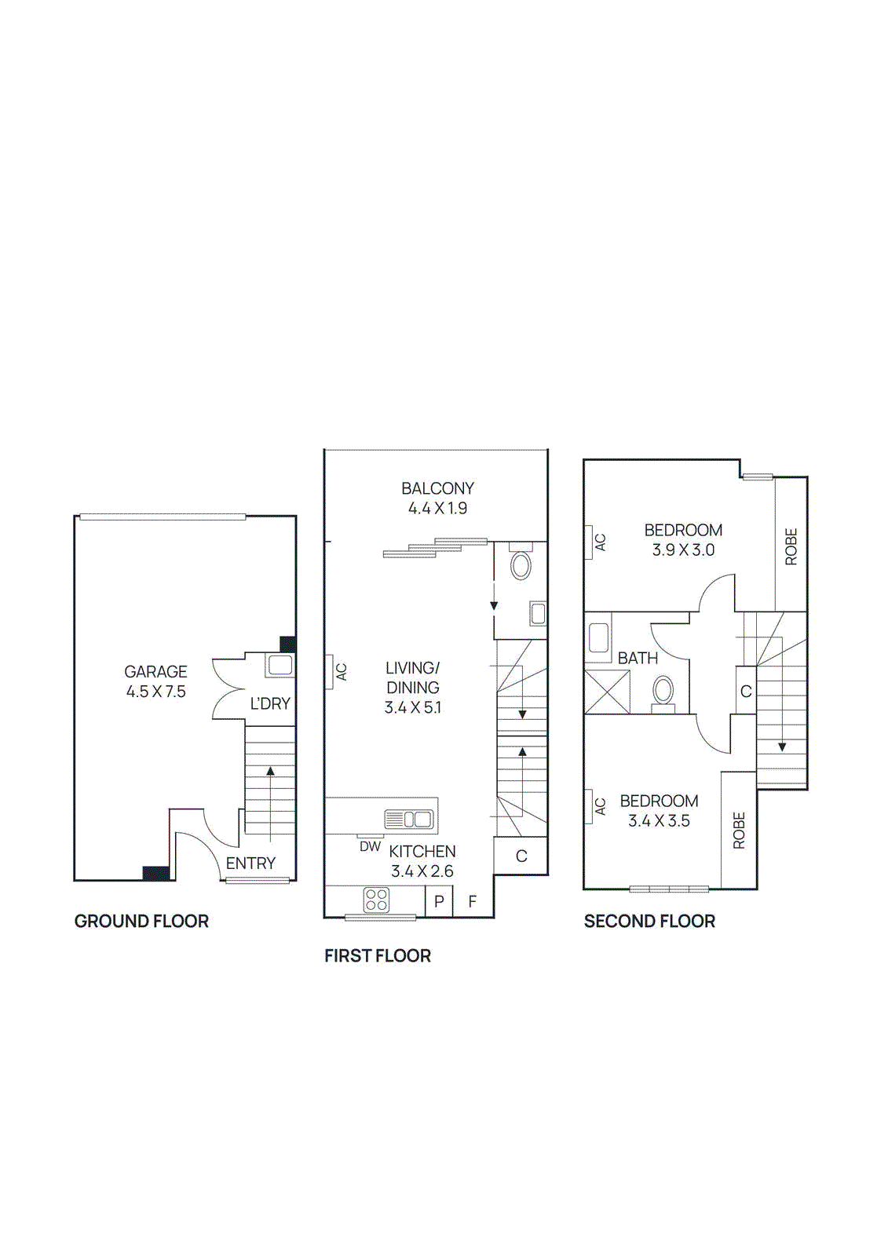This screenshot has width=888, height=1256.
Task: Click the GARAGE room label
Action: pyautogui.click(x=155, y=672)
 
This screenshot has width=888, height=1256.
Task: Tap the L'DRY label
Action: pyautogui.click(x=270, y=704)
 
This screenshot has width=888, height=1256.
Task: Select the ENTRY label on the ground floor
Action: pyautogui.click(x=250, y=863)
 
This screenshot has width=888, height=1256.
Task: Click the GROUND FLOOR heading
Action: pyautogui.click(x=141, y=922)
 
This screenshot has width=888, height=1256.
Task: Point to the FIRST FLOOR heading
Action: pyautogui.click(x=378, y=956)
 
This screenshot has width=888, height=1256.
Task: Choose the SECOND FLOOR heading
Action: pyautogui.click(x=649, y=922)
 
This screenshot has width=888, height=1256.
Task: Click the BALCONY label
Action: pyautogui.click(x=437, y=488)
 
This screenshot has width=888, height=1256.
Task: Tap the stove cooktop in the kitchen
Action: pyautogui.click(x=376, y=900)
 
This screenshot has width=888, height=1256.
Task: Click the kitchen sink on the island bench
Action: pyautogui.click(x=409, y=820)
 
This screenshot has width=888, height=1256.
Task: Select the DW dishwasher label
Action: pyautogui.click(x=370, y=847)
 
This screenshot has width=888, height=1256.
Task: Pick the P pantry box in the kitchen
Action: pyautogui.click(x=439, y=901)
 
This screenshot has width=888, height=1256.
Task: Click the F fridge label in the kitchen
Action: pyautogui.click(x=472, y=901)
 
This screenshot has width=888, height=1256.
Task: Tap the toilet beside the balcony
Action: pyautogui.click(x=521, y=564)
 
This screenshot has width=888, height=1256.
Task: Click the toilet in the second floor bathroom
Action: pyautogui.click(x=663, y=692)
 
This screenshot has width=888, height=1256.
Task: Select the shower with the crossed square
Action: pyautogui.click(x=607, y=692)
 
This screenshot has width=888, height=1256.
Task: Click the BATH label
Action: pyautogui.click(x=638, y=659)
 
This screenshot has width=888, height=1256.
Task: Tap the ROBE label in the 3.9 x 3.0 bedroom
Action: pyautogui.click(x=791, y=546)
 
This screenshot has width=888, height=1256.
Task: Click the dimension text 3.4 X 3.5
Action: pyautogui.click(x=659, y=821)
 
